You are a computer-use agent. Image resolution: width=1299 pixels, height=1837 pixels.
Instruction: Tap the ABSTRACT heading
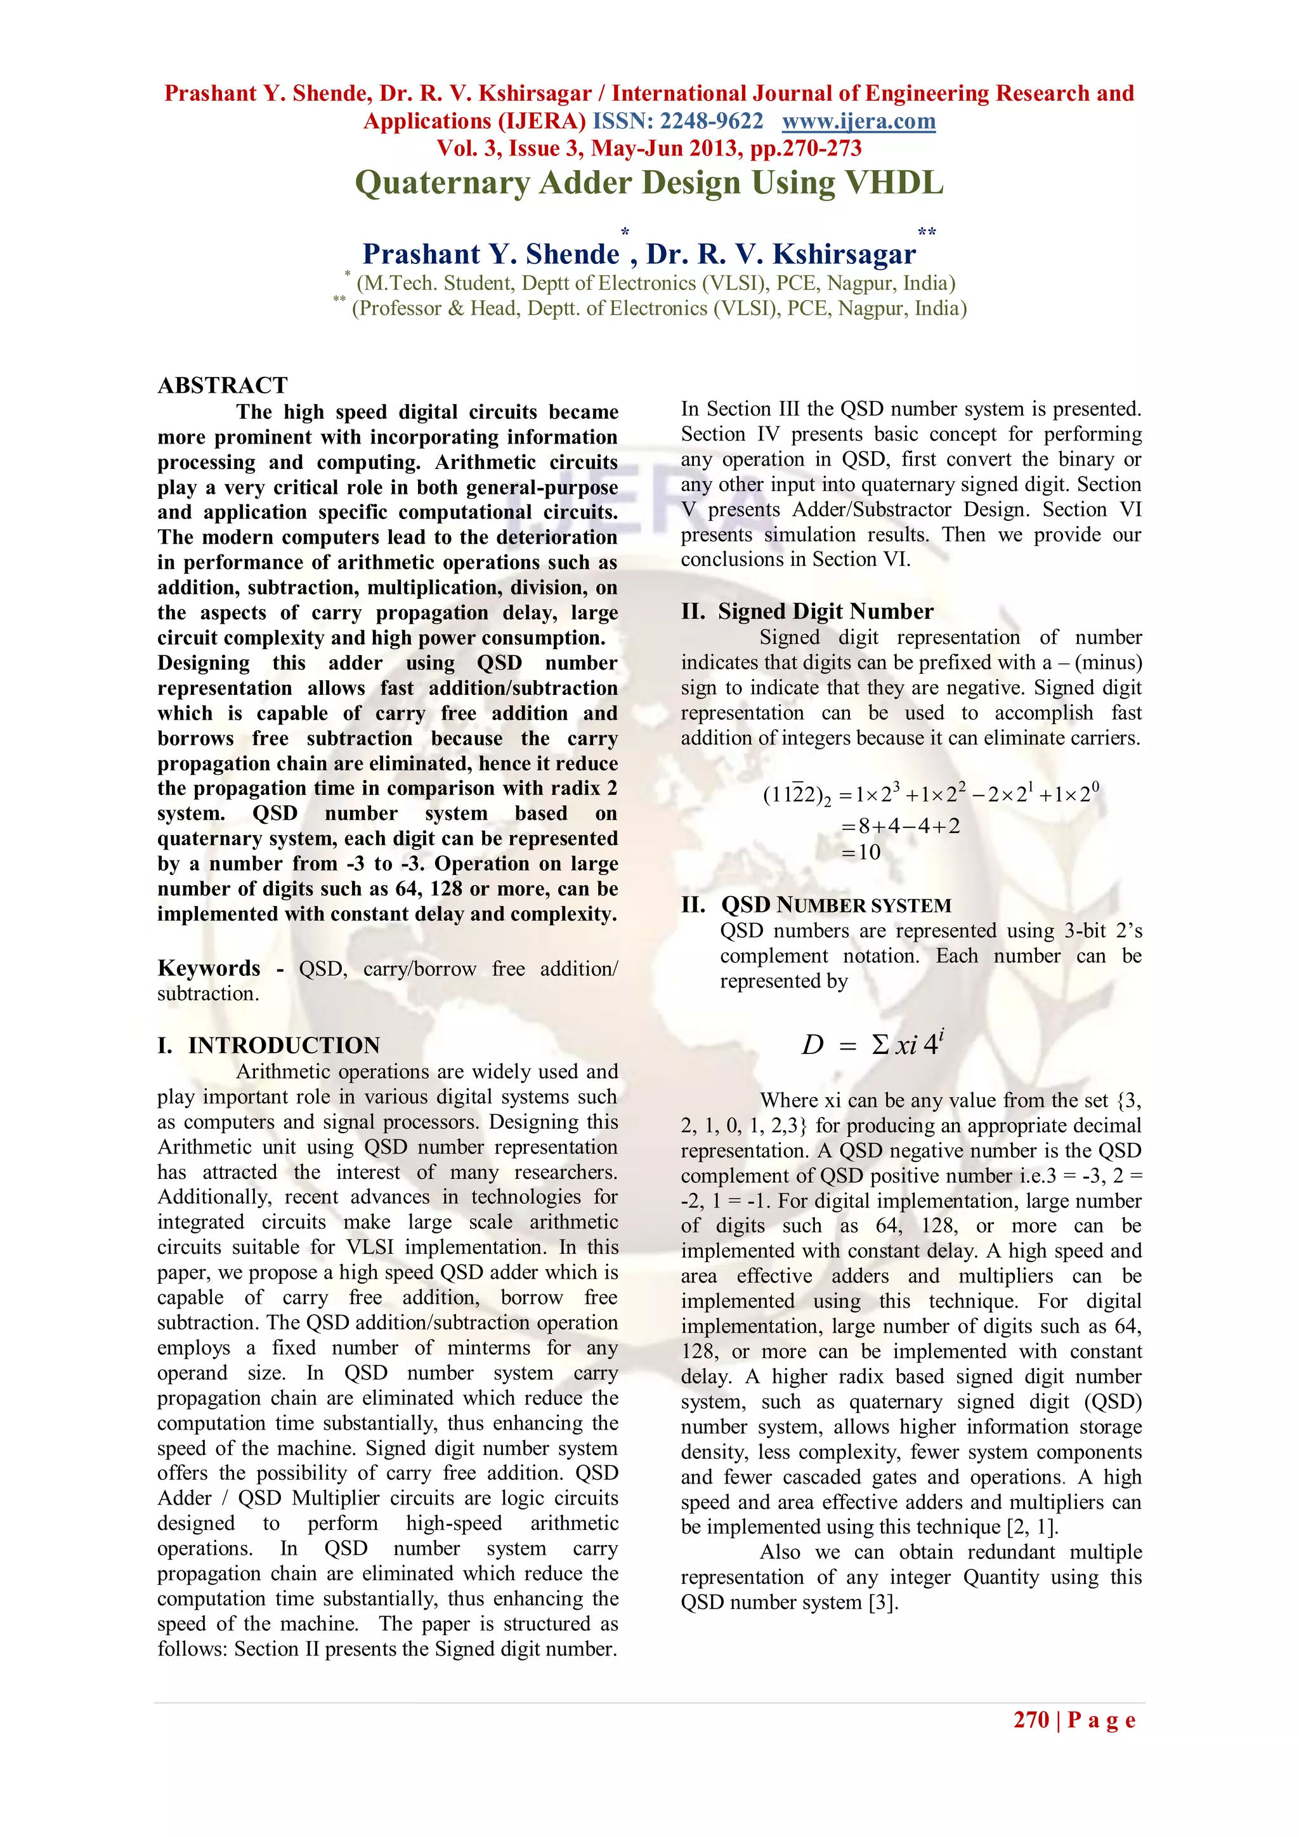click(223, 386)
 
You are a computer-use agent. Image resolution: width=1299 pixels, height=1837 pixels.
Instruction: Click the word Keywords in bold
click(209, 968)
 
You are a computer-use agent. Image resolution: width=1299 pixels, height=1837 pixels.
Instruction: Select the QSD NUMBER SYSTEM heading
click(835, 905)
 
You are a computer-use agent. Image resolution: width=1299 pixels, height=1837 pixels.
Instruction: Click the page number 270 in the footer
click(1031, 1720)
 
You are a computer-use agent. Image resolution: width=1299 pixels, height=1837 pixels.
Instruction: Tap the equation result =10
click(861, 852)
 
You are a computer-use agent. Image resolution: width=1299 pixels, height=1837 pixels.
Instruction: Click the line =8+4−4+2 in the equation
click(901, 826)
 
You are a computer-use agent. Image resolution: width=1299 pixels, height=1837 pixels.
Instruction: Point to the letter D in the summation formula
click(812, 1045)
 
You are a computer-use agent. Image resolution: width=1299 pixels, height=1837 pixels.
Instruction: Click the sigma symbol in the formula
click(879, 1045)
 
